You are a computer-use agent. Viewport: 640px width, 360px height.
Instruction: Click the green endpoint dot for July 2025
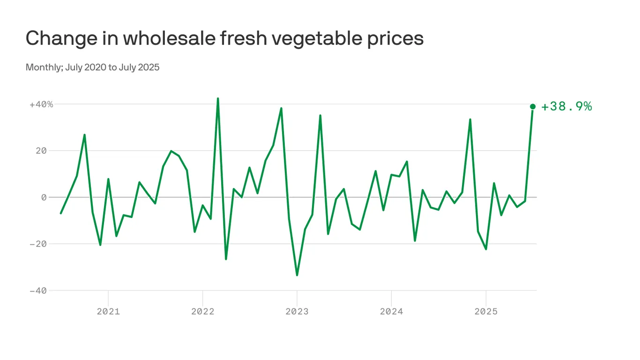click(x=533, y=106)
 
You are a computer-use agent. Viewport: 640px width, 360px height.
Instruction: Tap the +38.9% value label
click(x=566, y=107)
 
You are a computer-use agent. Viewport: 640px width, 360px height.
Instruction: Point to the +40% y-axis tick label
click(x=41, y=104)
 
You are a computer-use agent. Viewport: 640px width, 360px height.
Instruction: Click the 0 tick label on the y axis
click(x=44, y=197)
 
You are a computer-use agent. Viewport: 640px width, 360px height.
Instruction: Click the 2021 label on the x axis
click(x=108, y=311)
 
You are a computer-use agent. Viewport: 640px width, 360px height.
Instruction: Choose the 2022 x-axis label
click(x=202, y=311)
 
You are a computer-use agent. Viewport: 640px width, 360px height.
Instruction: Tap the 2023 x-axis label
click(x=297, y=311)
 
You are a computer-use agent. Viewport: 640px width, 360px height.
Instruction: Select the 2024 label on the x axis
click(x=391, y=311)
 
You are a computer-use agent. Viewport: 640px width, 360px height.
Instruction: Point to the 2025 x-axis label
click(x=486, y=311)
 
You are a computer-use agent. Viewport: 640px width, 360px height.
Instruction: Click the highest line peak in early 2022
click(x=218, y=98)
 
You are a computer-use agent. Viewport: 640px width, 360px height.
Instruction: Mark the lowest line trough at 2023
click(x=297, y=275)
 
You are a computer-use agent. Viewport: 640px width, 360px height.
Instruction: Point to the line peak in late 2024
click(x=470, y=120)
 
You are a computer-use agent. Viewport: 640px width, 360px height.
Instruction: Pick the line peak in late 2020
click(x=84, y=135)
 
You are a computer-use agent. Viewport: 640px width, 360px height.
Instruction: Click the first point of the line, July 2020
click(x=61, y=213)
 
